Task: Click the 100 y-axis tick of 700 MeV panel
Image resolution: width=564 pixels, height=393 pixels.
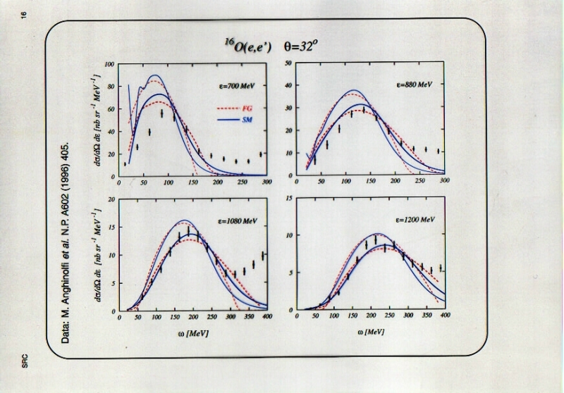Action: click(110, 64)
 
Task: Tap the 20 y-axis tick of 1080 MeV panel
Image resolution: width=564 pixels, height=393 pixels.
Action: click(111, 199)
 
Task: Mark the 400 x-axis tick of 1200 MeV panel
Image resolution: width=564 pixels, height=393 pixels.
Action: click(445, 318)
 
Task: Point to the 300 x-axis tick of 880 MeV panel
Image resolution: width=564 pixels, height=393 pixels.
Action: click(444, 182)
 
